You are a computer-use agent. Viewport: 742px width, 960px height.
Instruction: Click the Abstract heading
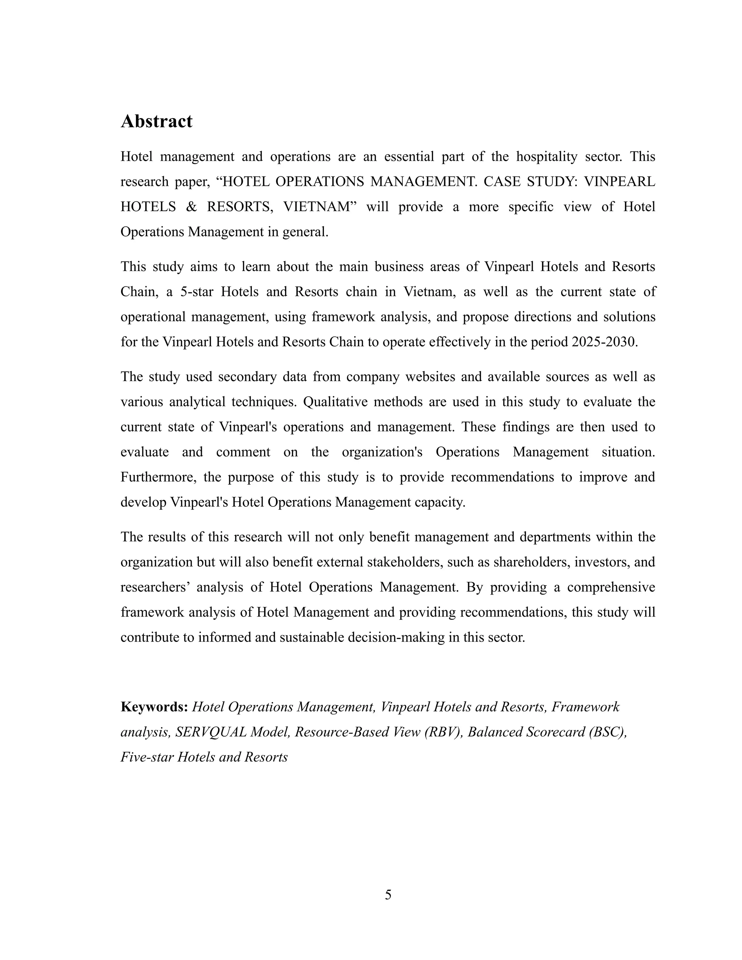coord(157,121)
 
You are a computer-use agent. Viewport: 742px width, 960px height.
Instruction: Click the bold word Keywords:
coord(154,707)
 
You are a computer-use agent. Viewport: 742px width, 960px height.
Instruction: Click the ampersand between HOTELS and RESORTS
coord(191,206)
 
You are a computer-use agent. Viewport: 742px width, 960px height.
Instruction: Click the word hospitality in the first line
coord(546,156)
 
